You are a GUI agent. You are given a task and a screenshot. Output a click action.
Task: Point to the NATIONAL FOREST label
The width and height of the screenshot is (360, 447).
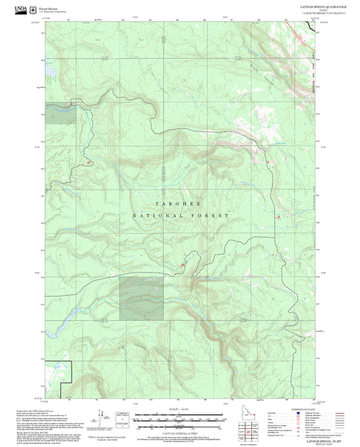[179, 215]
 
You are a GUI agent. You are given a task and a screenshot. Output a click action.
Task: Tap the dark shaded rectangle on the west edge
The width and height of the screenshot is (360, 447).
[59, 114]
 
